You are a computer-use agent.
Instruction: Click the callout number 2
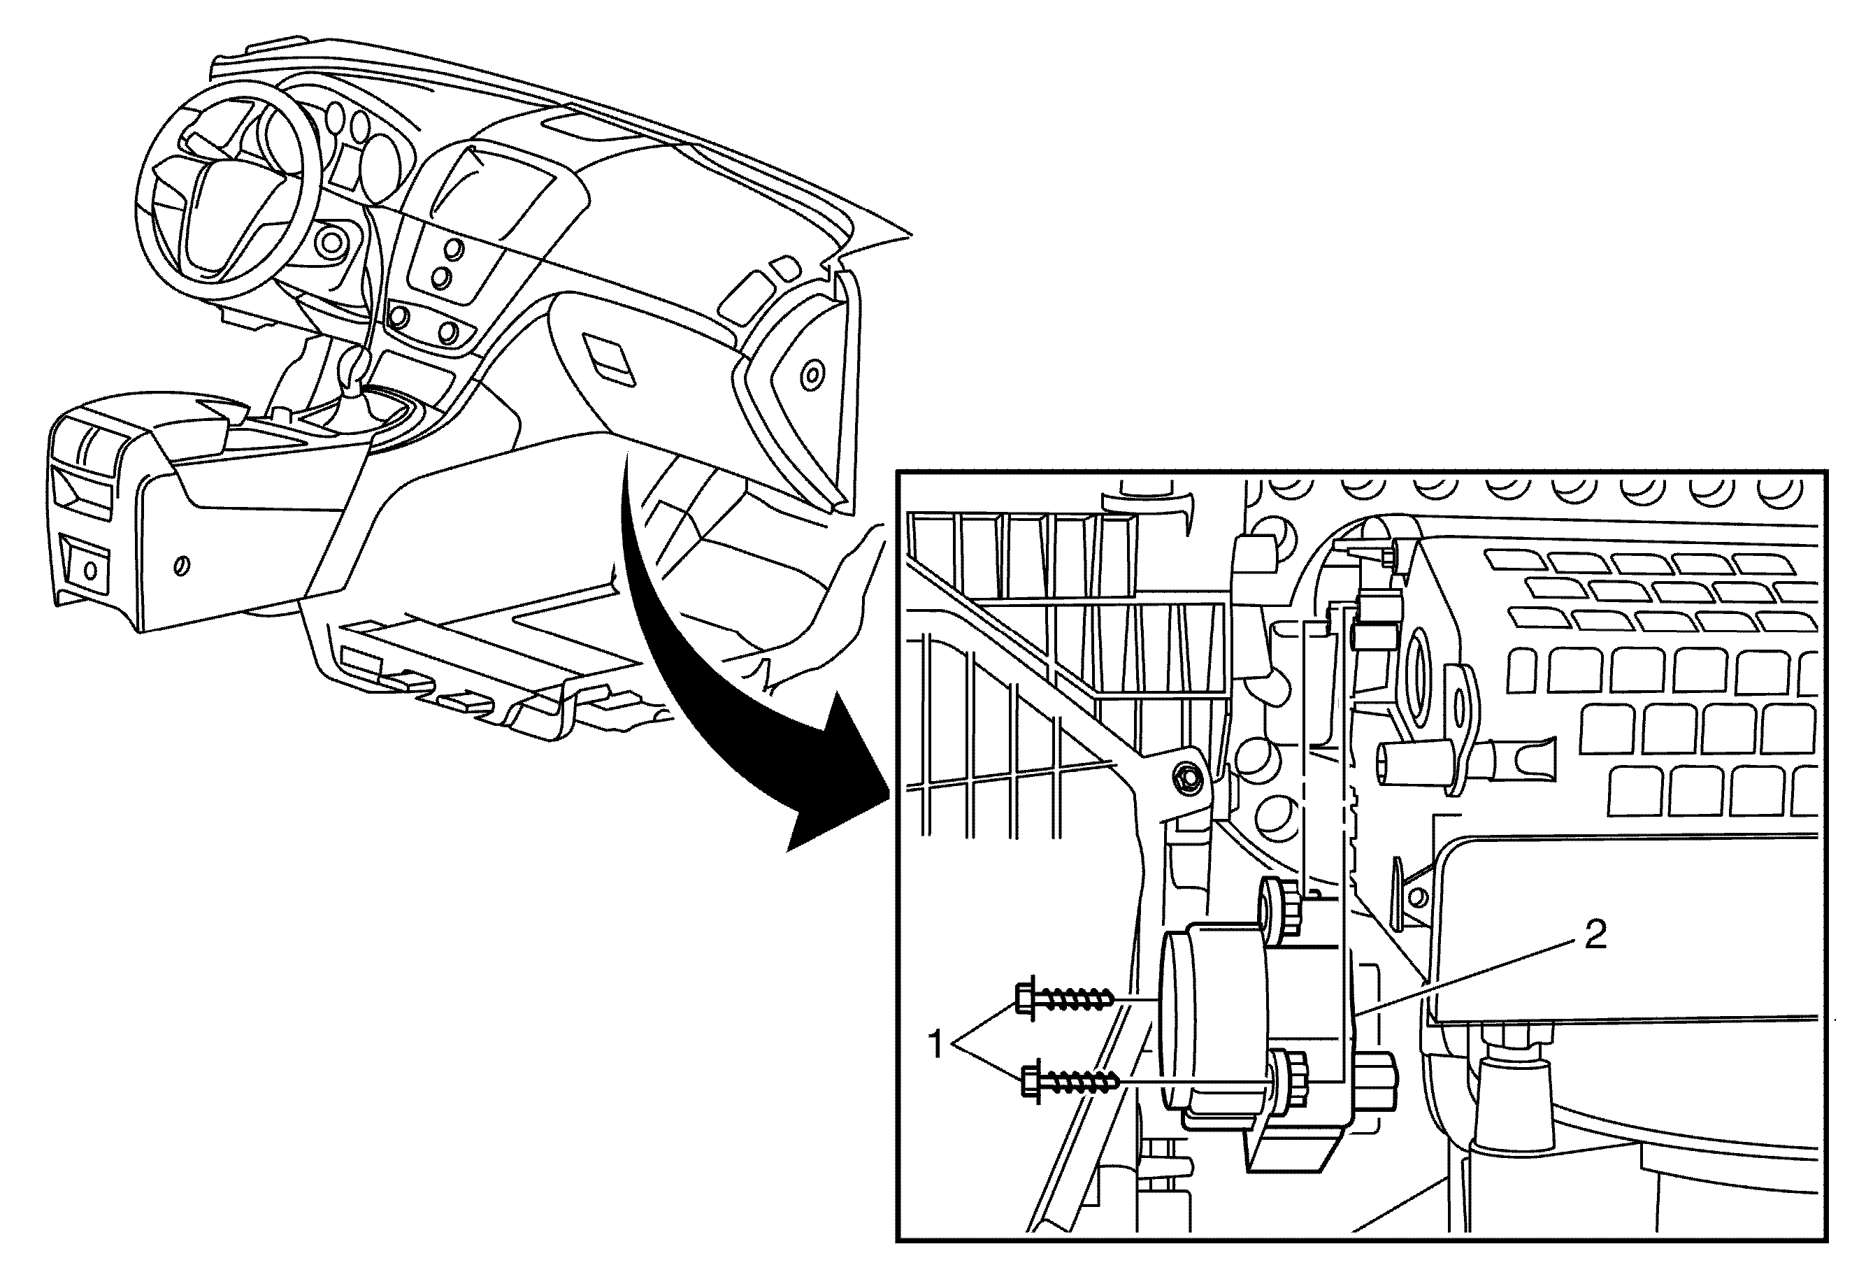pos(1596,934)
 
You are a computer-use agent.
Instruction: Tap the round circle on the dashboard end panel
pos(812,373)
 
